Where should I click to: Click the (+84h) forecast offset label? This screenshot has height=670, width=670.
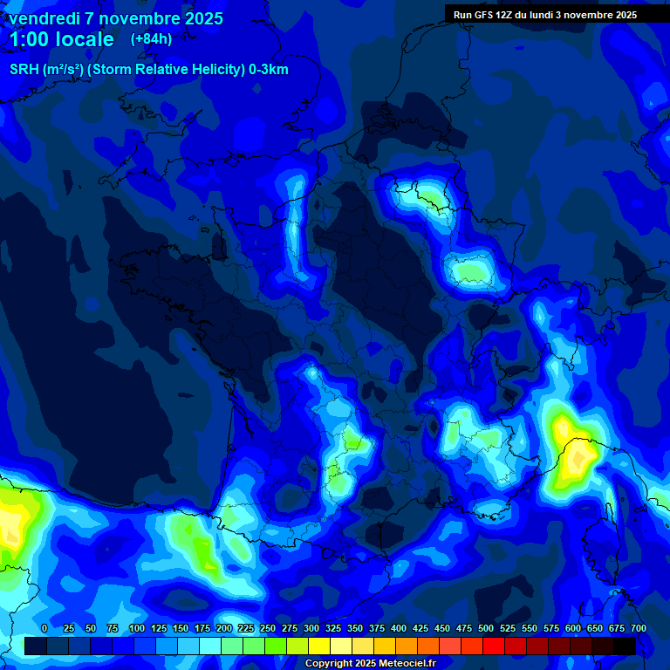point(151,38)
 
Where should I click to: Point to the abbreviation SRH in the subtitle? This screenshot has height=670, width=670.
point(24,70)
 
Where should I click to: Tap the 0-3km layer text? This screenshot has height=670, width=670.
point(266,70)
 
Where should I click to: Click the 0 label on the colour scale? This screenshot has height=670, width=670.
point(44,628)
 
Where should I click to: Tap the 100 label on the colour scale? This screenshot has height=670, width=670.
point(137,628)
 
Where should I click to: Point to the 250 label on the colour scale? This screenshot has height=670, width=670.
point(268,628)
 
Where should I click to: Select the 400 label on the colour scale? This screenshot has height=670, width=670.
point(399,628)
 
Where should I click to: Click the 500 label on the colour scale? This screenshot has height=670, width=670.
point(486,628)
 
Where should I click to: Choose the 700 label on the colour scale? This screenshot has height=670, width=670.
point(639,628)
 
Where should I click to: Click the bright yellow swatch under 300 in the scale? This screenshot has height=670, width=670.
point(319,646)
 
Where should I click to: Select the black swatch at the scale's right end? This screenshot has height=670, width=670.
point(625,646)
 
